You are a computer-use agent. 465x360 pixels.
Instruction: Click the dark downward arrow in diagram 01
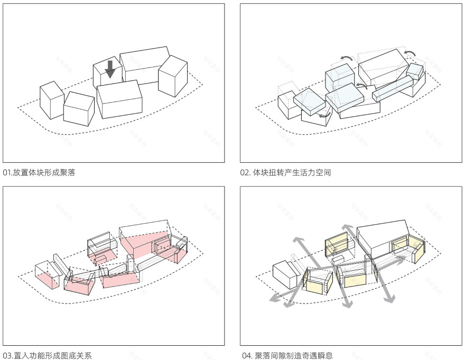pyautogui.click(x=109, y=69)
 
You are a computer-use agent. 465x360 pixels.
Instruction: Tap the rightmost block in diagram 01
pyautogui.click(x=173, y=76)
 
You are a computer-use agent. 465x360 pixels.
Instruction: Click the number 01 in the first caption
pyautogui.click(x=7, y=172)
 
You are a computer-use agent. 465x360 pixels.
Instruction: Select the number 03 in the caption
pyautogui.click(x=7, y=355)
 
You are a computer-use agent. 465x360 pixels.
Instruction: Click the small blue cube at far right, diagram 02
pyautogui.click(x=415, y=71)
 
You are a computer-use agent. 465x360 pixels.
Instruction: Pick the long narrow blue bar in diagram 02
pyautogui.click(x=392, y=89)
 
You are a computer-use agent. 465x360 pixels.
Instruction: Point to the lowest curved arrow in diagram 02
pyautogui.click(x=323, y=114)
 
